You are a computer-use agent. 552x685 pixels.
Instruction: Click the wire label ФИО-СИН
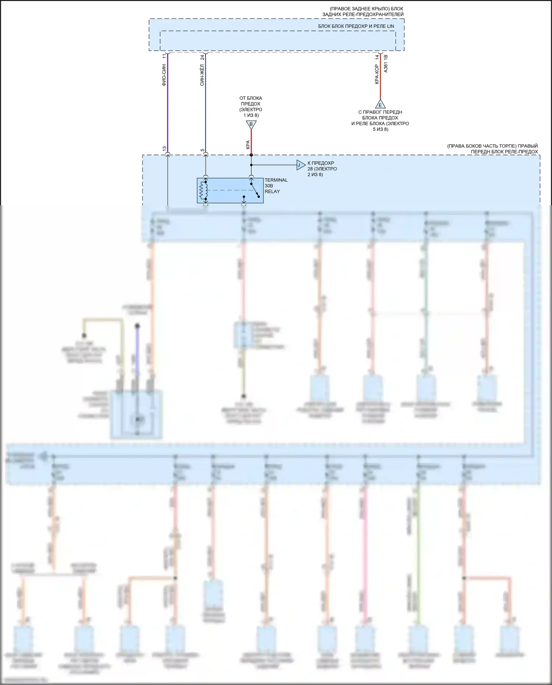pos(164,75)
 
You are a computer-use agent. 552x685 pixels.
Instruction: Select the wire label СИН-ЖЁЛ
pos(202,75)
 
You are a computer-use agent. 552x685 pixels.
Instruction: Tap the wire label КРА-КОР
pos(377,74)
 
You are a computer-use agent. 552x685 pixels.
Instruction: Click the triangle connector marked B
pos(251,125)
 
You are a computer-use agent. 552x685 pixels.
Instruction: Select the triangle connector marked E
pos(380,105)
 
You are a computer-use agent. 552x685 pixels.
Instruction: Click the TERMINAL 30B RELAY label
pos(276,186)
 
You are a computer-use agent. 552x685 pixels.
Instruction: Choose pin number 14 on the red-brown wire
pos(377,57)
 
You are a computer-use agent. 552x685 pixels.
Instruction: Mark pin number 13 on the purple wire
pos(164,149)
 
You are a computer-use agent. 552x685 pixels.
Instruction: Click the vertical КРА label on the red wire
pos(248,145)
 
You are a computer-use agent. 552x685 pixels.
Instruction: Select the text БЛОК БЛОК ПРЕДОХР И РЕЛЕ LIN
pos(356,26)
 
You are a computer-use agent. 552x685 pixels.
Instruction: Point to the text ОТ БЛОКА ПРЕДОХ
pos(251,101)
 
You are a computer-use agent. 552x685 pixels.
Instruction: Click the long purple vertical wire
pos(168,103)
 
